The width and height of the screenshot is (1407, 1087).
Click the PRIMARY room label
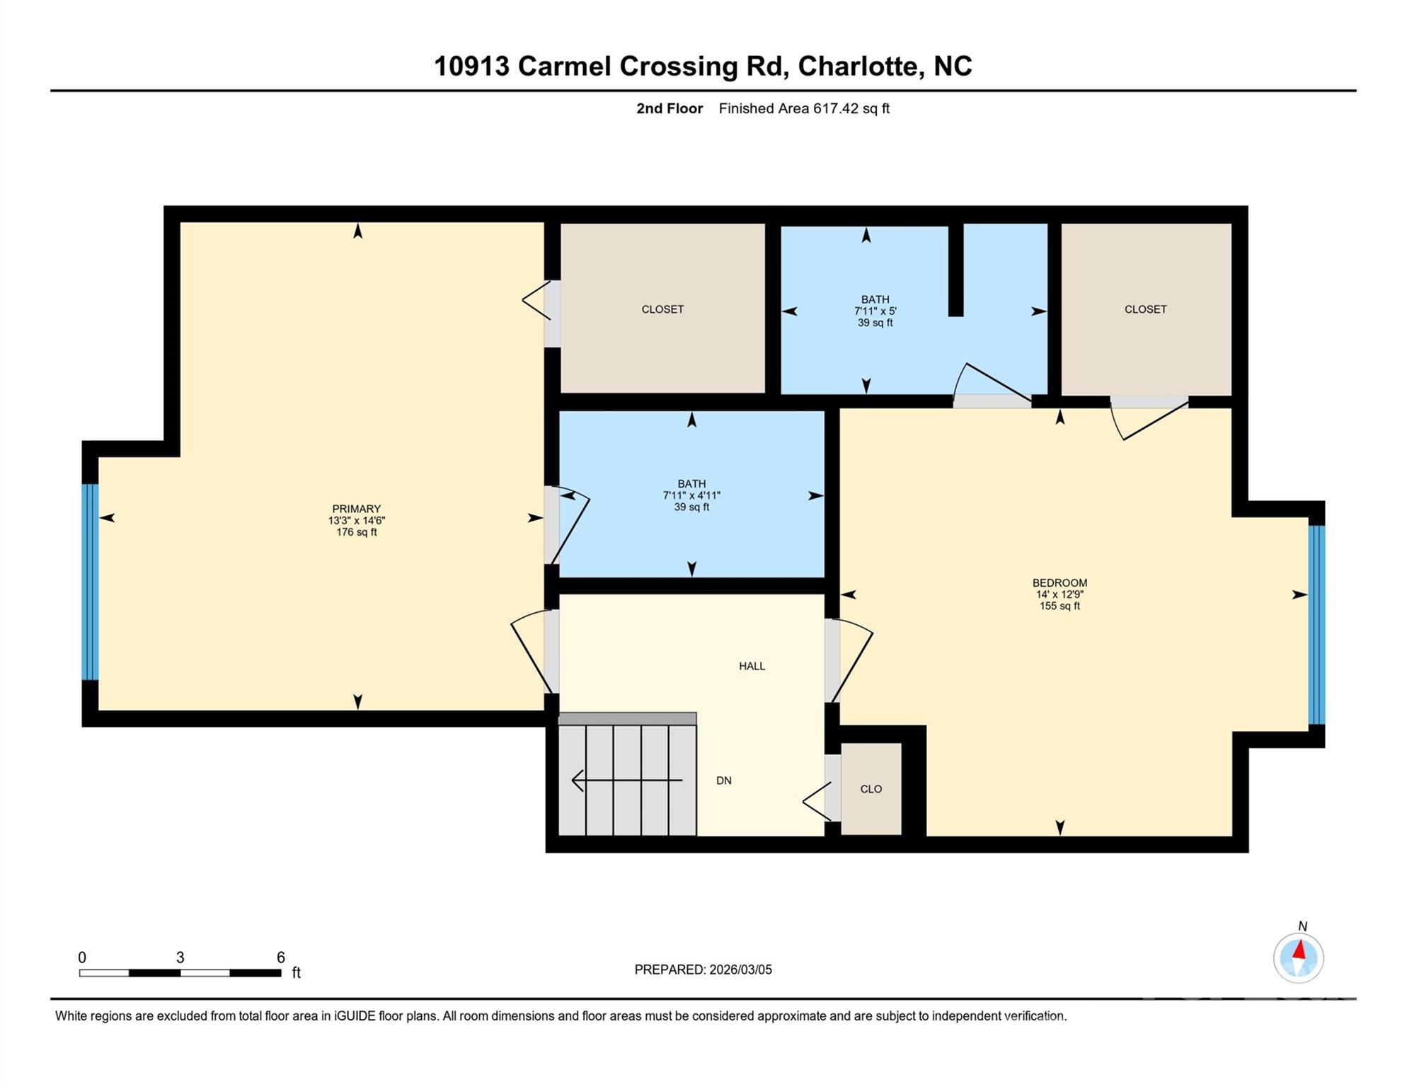pyautogui.click(x=356, y=509)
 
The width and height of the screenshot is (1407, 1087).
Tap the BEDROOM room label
pyautogui.click(x=1059, y=583)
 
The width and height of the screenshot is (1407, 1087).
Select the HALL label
pyautogui.click(x=752, y=666)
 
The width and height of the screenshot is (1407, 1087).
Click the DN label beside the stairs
pyautogui.click(x=723, y=781)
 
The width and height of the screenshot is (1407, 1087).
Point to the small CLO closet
pyautogui.click(x=871, y=789)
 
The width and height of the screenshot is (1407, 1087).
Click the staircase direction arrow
pyautogui.click(x=626, y=781)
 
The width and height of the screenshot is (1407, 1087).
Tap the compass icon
pyautogui.click(x=1298, y=958)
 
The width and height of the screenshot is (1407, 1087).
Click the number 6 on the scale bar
pyautogui.click(x=280, y=957)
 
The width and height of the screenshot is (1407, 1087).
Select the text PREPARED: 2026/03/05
pyautogui.click(x=703, y=970)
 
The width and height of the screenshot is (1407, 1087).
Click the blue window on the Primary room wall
pyautogui.click(x=90, y=582)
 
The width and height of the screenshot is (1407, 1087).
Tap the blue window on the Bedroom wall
pyautogui.click(x=1316, y=624)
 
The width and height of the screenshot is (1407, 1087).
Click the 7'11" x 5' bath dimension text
pyautogui.click(x=875, y=311)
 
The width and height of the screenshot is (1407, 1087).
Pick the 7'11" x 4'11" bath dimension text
pyautogui.click(x=691, y=496)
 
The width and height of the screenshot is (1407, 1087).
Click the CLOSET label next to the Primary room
pyautogui.click(x=662, y=309)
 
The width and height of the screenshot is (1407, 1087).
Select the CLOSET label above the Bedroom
pyautogui.click(x=1145, y=309)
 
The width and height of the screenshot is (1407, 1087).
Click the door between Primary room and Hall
pyautogui.click(x=551, y=651)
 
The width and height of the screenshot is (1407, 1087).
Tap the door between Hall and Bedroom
pyautogui.click(x=832, y=660)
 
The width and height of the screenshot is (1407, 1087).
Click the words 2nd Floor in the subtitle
pyautogui.click(x=669, y=108)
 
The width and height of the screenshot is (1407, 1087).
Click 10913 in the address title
pyautogui.click(x=471, y=66)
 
